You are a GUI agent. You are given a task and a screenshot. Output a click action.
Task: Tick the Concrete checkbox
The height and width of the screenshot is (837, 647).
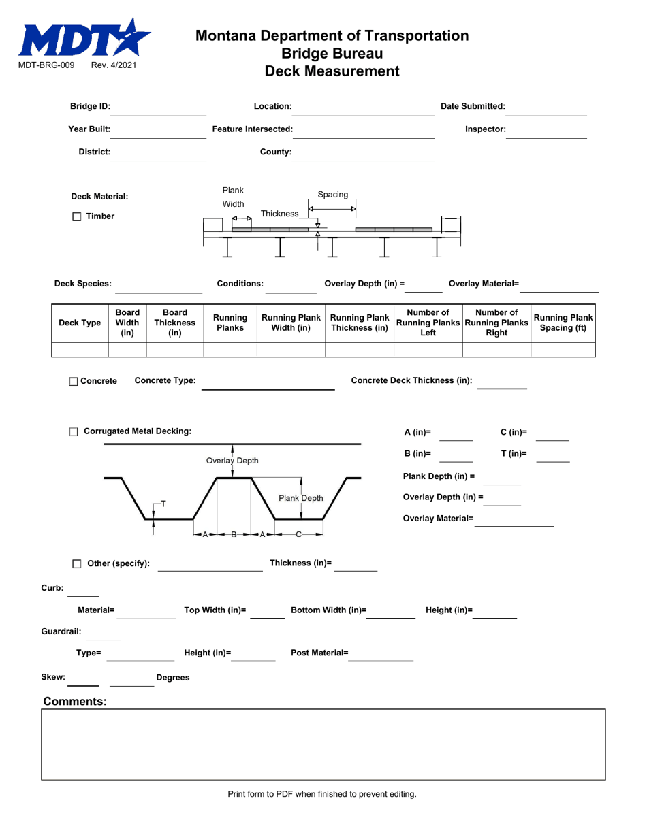pyautogui.click(x=74, y=381)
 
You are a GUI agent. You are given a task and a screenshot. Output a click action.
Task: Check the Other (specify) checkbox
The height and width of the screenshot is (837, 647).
pyautogui.click(x=77, y=563)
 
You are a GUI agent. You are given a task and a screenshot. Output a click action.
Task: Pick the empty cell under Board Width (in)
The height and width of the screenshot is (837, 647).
pyautogui.click(x=127, y=350)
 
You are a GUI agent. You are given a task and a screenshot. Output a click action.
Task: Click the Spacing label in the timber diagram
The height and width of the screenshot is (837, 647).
pyautogui.click(x=333, y=194)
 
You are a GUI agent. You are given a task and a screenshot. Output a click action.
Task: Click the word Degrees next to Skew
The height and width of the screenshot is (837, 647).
pyautogui.click(x=173, y=678)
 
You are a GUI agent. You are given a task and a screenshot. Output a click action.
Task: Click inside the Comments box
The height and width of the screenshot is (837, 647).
pyautogui.click(x=323, y=744)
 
